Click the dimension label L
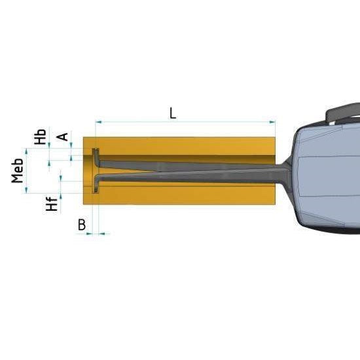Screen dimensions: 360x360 tap(173, 114)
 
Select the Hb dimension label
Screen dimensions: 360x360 tap(41, 137)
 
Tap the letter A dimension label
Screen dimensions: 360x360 tap(63, 137)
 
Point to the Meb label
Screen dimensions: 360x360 tap(18, 171)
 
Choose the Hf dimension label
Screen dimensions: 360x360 tap(52, 204)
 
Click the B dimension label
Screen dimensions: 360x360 tap(82, 225)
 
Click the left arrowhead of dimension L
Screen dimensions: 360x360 tap(98, 122)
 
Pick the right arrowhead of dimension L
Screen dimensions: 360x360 tap(272, 122)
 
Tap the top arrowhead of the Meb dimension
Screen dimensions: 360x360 tap(26, 151)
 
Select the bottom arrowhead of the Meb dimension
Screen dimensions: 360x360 tap(26, 190)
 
